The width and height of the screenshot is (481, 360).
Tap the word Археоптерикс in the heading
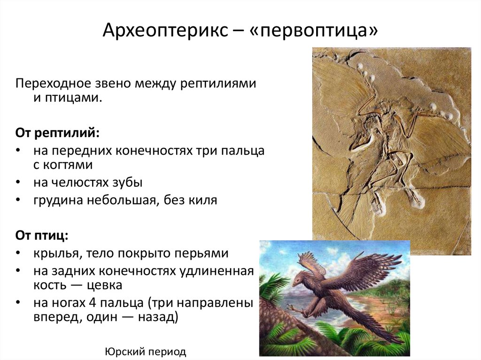(x=165, y=31)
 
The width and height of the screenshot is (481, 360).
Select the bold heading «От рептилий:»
(x=57, y=133)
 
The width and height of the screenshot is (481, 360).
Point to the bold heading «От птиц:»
(x=42, y=236)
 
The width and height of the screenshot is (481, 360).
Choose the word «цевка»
(x=105, y=285)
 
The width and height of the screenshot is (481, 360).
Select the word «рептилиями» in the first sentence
(x=218, y=84)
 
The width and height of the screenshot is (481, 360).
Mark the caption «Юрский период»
(x=146, y=352)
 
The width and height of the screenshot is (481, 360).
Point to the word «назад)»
(x=158, y=317)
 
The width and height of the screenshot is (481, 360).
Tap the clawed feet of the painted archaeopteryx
(x=295, y=309)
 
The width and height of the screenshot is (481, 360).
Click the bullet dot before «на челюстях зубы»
(x=18, y=182)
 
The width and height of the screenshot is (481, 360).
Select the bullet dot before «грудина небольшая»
(x=18, y=200)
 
